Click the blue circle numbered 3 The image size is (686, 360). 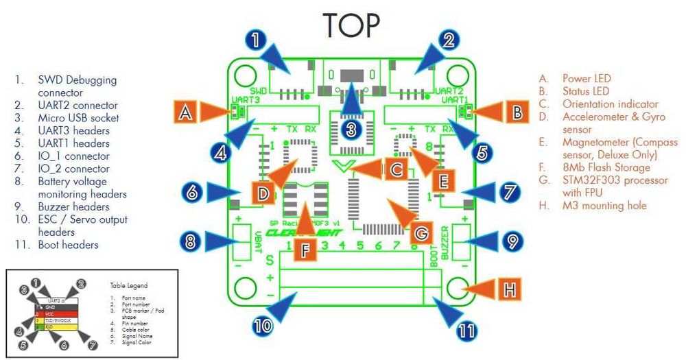[x=351, y=128]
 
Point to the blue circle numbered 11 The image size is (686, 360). [x=466, y=331]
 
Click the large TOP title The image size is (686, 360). [x=351, y=25]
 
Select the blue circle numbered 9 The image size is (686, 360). [x=509, y=241]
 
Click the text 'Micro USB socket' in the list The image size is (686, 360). [x=78, y=118]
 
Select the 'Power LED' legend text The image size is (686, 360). [x=586, y=79]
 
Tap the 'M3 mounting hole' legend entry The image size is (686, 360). [x=604, y=206]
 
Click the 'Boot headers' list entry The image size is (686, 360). [x=68, y=244]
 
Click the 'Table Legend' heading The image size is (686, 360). [x=128, y=285]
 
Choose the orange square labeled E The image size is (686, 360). [x=443, y=180]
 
